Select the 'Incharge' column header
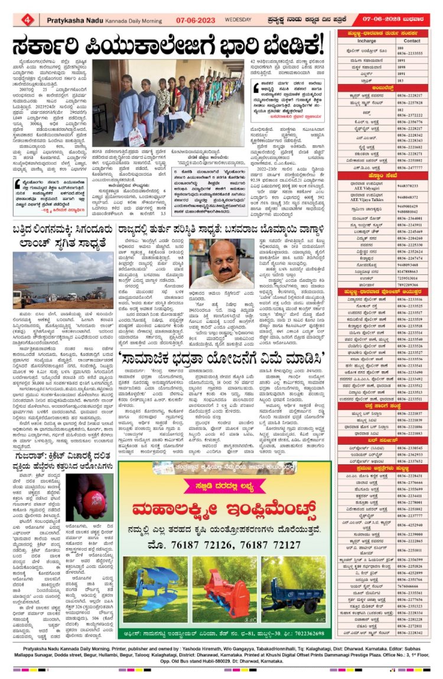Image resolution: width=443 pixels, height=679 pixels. [367, 41]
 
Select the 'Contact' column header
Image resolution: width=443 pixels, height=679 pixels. [412, 41]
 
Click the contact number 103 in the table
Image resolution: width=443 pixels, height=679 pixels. [400, 80]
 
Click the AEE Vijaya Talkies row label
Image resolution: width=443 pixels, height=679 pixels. [367, 198]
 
